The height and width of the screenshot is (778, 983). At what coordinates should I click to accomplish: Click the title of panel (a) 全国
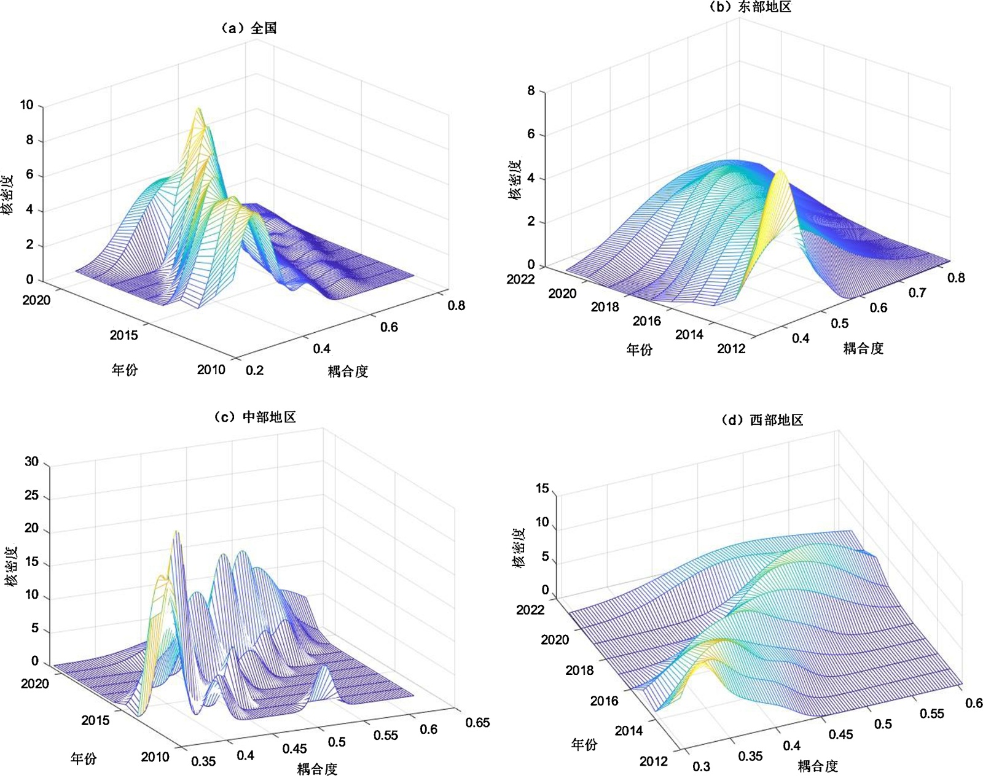pyautogui.click(x=249, y=28)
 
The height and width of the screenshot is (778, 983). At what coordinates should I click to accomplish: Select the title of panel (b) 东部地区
pyautogui.click(x=750, y=7)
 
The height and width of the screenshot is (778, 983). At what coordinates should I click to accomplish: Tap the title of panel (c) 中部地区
pyautogui.click(x=256, y=417)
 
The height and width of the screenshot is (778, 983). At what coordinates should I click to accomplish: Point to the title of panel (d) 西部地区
pyautogui.click(x=762, y=420)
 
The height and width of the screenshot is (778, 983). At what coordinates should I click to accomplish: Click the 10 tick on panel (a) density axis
pyautogui.click(x=26, y=105)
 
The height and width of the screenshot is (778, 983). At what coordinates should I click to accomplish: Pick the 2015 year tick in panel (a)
pyautogui.click(x=124, y=335)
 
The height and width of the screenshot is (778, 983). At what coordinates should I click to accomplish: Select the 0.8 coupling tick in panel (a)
pyautogui.click(x=456, y=305)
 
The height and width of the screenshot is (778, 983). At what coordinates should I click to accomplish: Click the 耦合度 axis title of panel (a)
pyautogui.click(x=348, y=371)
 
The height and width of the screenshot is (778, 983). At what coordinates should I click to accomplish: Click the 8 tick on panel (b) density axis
pyautogui.click(x=531, y=91)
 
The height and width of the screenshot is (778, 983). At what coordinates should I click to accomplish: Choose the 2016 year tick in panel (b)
pyautogui.click(x=646, y=321)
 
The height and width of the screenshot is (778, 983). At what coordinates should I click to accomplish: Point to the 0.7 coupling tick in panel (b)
pyautogui.click(x=917, y=293)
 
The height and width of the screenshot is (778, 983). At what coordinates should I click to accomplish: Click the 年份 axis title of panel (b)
pyautogui.click(x=639, y=350)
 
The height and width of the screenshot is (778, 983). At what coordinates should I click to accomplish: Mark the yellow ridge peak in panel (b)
pyautogui.click(x=780, y=171)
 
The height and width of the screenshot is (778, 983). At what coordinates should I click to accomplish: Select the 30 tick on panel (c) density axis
pyautogui.click(x=31, y=462)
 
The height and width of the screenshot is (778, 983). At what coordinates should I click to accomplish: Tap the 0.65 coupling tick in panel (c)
pyautogui.click(x=477, y=722)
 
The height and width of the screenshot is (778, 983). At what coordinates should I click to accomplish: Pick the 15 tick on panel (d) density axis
pyautogui.click(x=542, y=489)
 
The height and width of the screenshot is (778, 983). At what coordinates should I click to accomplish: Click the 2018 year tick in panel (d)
pyautogui.click(x=579, y=670)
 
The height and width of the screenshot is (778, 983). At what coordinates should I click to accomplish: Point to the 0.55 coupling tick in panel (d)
pyautogui.click(x=931, y=714)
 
